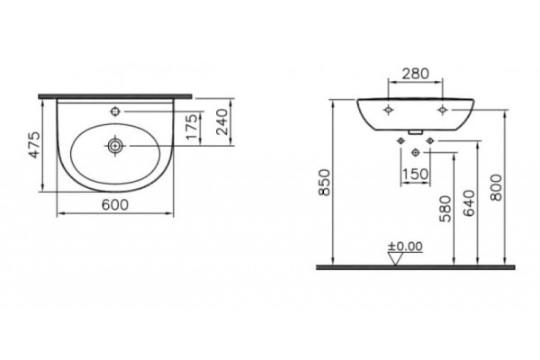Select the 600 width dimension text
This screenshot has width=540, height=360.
(x=115, y=205)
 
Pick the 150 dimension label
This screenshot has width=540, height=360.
(x=414, y=173)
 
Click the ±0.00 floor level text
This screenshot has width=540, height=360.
(x=405, y=245)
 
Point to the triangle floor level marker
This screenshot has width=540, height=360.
(x=396, y=258)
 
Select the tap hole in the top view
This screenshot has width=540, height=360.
(x=115, y=112)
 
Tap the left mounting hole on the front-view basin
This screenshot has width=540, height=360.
(x=387, y=110)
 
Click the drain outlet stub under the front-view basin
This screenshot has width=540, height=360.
(x=415, y=133)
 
